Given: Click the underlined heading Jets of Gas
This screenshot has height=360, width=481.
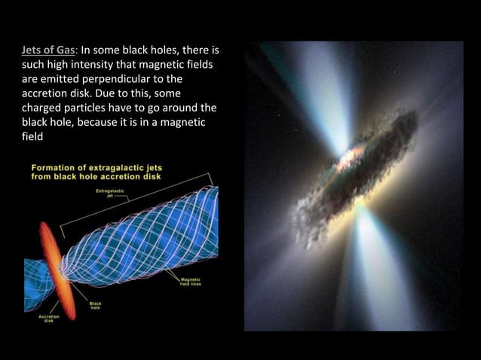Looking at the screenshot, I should point(50,51).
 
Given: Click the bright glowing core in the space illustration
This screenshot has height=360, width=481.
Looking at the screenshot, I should point(348,159).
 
